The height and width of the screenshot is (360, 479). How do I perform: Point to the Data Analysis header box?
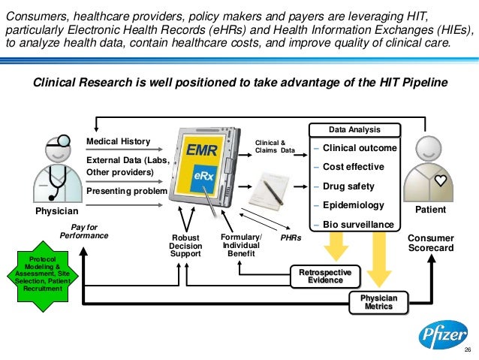tap(354, 129)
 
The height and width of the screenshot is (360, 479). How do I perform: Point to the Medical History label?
tap(119, 141)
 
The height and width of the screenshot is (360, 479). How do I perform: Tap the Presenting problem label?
tap(125, 192)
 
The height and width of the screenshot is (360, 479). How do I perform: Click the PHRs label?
tap(291, 237)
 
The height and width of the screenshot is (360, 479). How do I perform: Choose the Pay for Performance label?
tap(84, 231)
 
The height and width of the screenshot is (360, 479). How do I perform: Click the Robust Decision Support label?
tap(185, 246)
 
